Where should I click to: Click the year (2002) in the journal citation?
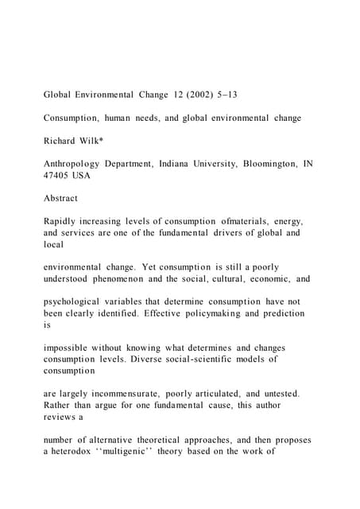[x=198, y=95]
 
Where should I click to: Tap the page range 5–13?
[x=226, y=95]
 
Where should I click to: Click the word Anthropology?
[x=75, y=164]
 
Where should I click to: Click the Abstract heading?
[x=60, y=198]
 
